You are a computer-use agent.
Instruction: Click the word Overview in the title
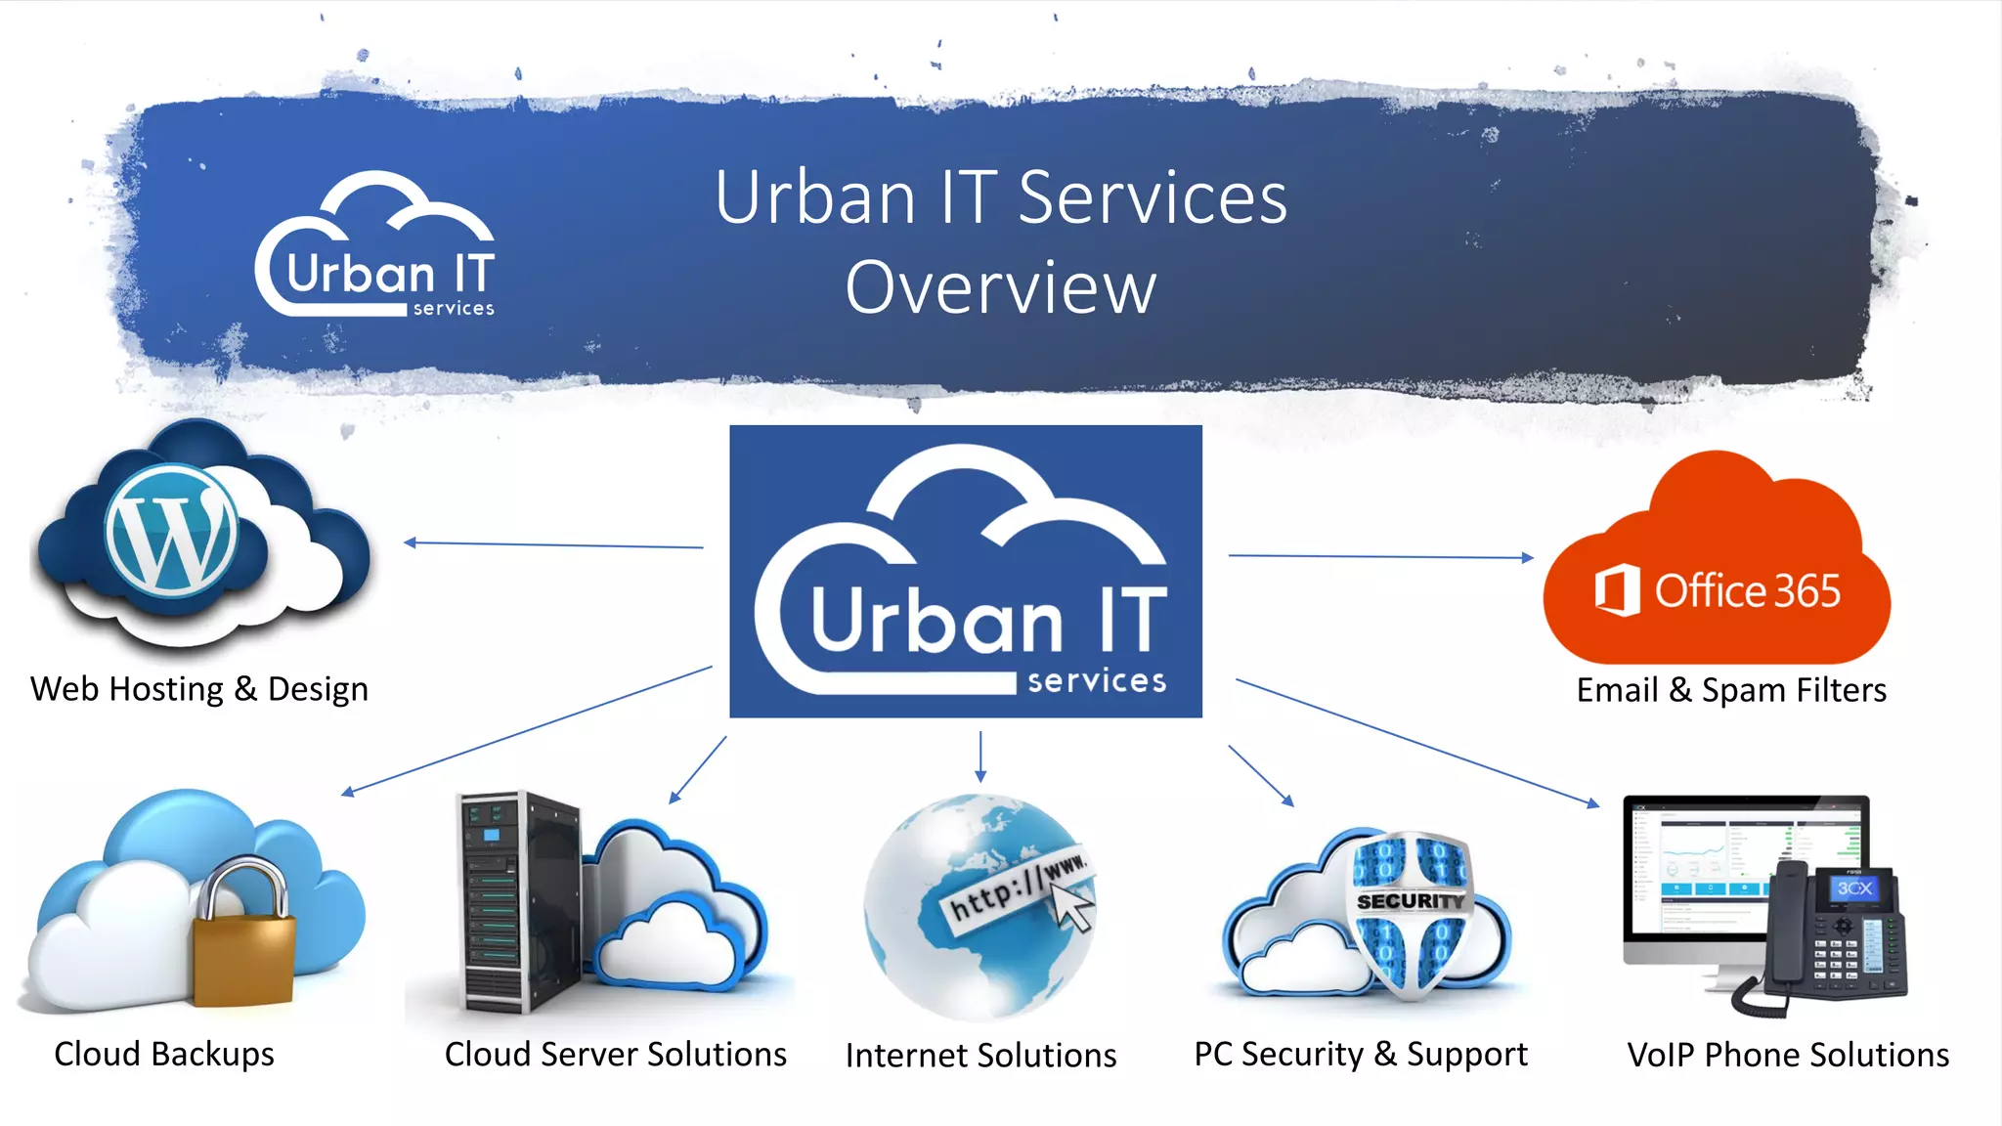click(x=1000, y=288)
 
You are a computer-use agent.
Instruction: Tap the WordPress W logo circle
click(x=172, y=531)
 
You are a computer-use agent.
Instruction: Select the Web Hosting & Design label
click(x=199, y=689)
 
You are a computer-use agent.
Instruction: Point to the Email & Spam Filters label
click(x=1731, y=690)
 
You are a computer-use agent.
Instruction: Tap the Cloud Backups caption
click(x=164, y=1054)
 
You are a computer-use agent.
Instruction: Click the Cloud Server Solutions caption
click(x=616, y=1054)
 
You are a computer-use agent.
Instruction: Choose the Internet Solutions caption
click(x=980, y=1056)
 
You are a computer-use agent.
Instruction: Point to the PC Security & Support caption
click(x=1360, y=1054)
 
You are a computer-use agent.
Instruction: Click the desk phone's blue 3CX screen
click(x=1853, y=888)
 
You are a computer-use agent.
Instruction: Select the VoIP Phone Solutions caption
click(x=1788, y=1055)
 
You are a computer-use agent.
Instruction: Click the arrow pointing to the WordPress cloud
click(x=553, y=544)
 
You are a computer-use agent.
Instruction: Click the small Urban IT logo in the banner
click(x=376, y=248)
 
